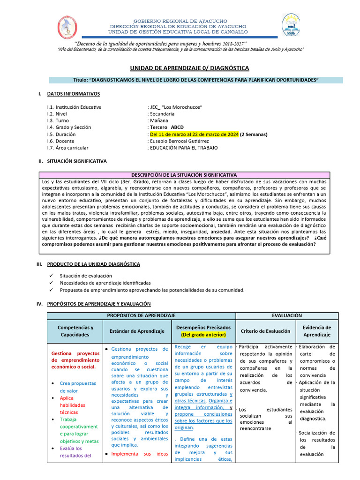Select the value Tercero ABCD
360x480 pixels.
pos(167,127)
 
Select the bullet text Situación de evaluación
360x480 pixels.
pos(86,276)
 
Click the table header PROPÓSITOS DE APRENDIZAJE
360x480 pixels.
pos(141,315)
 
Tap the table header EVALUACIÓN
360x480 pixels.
pos(287,315)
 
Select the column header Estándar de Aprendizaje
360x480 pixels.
pos(137,331)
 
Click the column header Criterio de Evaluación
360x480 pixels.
pos(265,331)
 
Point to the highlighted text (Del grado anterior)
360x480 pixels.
pos(203,335)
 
